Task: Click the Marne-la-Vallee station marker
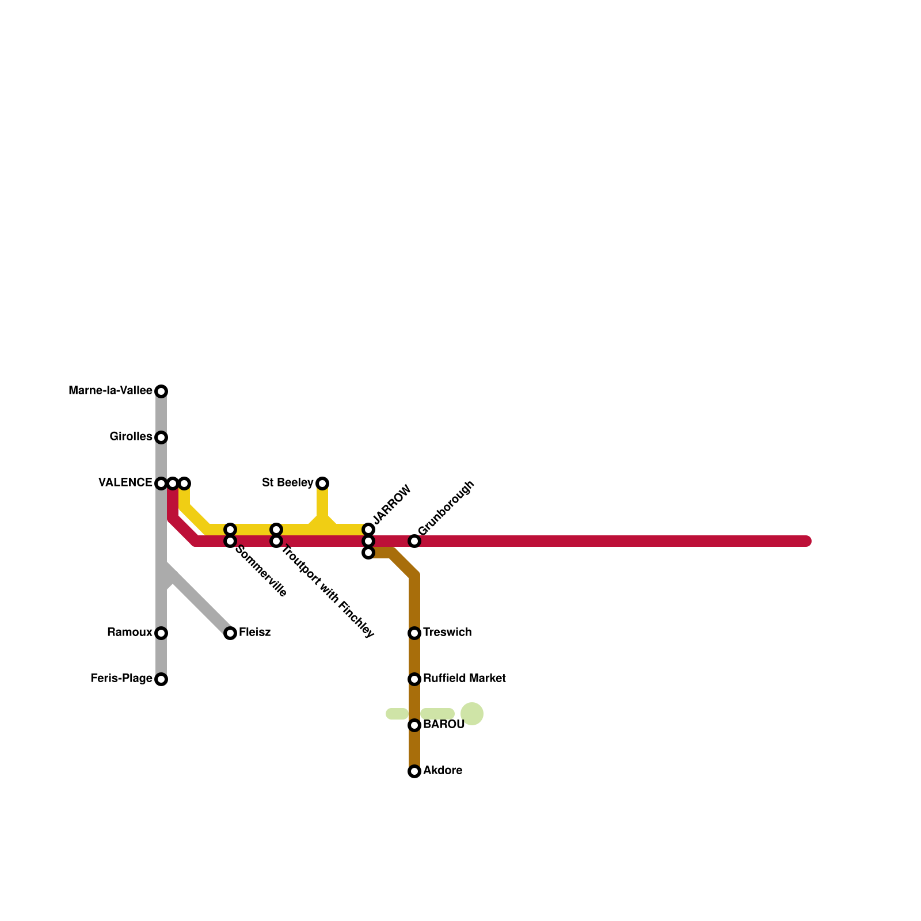[162, 391]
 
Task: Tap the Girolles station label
[131, 437]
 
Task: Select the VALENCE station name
[125, 483]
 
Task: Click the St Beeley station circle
[323, 483]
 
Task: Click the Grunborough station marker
[414, 541]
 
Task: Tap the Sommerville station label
[261, 570]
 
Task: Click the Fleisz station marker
[230, 633]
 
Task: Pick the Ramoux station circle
[162, 633]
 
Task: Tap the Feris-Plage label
[121, 679]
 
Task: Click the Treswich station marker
[414, 633]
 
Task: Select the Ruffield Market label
[464, 679]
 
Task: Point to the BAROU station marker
[414, 725]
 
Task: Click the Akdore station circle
[414, 771]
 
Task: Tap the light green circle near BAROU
[472, 714]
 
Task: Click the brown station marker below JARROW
[368, 553]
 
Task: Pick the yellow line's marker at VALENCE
[184, 483]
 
